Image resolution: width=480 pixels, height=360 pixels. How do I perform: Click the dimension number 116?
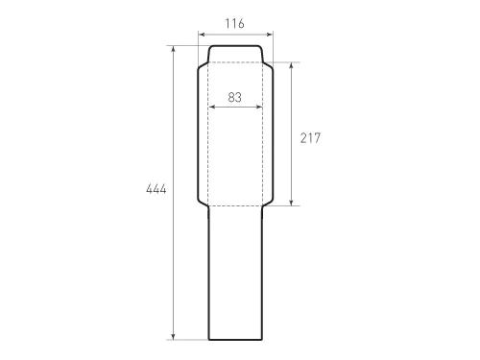[x=234, y=24]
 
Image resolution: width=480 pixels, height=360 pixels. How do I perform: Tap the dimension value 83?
[x=235, y=97]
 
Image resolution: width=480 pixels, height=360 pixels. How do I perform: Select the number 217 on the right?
[x=310, y=138]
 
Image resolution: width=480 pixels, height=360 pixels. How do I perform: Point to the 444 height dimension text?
[x=156, y=189]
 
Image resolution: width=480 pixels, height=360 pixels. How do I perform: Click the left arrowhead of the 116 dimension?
[x=201, y=35]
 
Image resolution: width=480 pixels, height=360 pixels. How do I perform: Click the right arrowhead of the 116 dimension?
[x=270, y=35]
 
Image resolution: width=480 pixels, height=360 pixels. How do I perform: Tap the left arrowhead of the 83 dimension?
[x=211, y=108]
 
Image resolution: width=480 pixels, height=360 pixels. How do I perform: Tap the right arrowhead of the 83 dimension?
[x=259, y=108]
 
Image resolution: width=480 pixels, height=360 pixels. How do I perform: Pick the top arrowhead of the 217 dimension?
[x=291, y=65]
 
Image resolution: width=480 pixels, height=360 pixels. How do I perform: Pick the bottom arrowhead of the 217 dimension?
[x=291, y=203]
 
